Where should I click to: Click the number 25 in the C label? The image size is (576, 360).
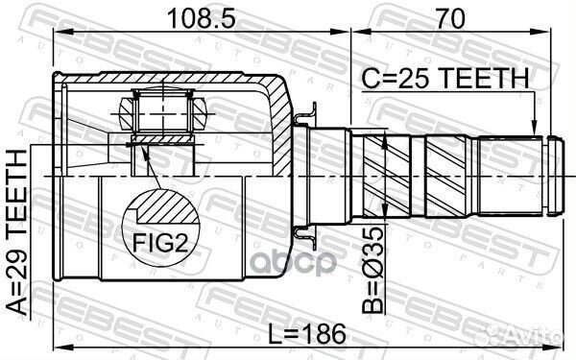click(423, 78)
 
